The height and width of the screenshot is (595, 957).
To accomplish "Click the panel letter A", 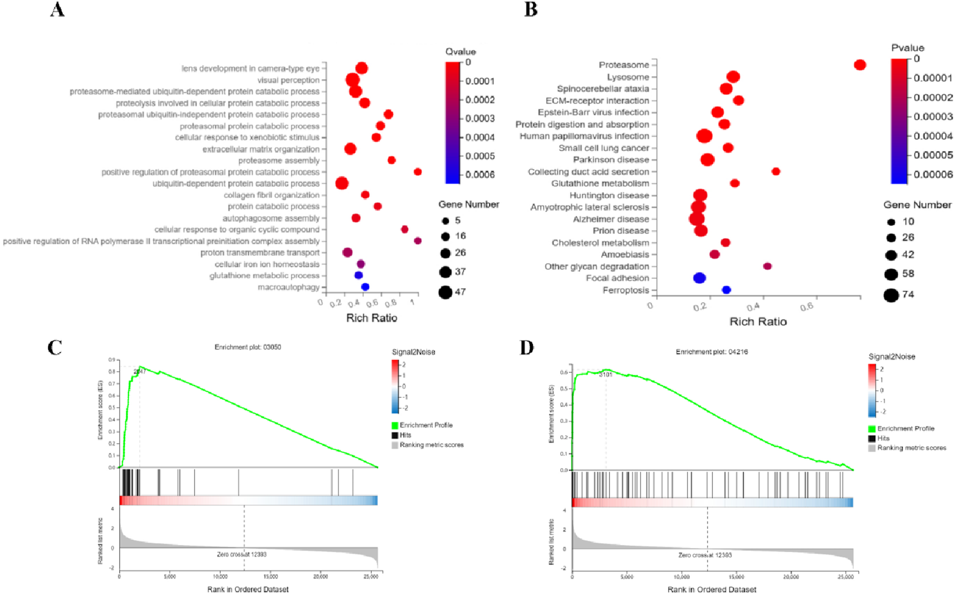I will tap(57, 10).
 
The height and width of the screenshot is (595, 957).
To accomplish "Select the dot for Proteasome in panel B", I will tap(860, 65).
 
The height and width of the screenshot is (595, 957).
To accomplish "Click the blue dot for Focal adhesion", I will tap(699, 278).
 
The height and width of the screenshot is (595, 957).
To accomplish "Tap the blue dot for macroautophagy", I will tap(365, 287).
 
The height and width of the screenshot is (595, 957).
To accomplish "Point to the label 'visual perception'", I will tap(288, 80).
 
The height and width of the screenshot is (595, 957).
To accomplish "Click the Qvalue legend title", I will tap(460, 51).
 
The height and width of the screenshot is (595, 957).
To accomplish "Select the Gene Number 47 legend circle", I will tap(445, 292).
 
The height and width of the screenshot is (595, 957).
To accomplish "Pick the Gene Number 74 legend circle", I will tap(891, 295).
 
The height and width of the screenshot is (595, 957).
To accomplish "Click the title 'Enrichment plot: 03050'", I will tap(247, 347).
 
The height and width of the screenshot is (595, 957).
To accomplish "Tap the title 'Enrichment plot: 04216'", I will tap(711, 352).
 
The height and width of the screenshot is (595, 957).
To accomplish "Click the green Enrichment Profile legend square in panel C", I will tap(395, 425).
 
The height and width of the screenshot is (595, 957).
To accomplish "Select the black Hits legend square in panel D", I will tap(872, 438).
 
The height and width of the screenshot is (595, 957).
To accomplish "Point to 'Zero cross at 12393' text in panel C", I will tap(241, 554).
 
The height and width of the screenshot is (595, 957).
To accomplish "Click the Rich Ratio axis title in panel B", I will tap(758, 322).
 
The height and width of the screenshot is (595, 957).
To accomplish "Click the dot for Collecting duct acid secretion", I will tap(776, 171).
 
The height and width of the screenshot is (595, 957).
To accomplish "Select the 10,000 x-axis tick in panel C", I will tap(220, 577).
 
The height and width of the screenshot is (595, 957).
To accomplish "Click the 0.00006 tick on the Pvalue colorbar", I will tap(933, 175).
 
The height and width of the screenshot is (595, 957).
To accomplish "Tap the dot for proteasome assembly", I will tap(392, 160).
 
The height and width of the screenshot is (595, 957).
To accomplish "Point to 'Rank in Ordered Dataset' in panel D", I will tap(711, 590).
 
